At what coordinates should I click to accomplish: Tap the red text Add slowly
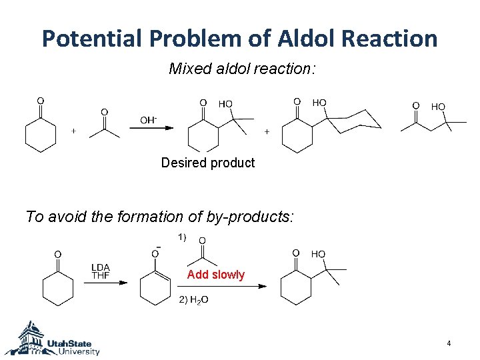[x=216, y=275]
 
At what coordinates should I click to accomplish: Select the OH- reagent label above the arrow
[x=148, y=120]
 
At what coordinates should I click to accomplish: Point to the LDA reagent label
[x=101, y=268]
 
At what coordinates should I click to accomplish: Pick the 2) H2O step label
[x=193, y=300]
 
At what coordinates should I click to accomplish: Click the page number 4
[x=449, y=343]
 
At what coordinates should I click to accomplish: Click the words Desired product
[x=208, y=163]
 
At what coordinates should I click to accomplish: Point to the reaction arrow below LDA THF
[x=105, y=283]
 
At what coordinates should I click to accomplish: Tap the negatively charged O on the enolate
[x=155, y=253]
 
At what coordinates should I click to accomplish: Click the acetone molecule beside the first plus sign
[x=104, y=127]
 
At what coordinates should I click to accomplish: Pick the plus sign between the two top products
[x=267, y=132]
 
